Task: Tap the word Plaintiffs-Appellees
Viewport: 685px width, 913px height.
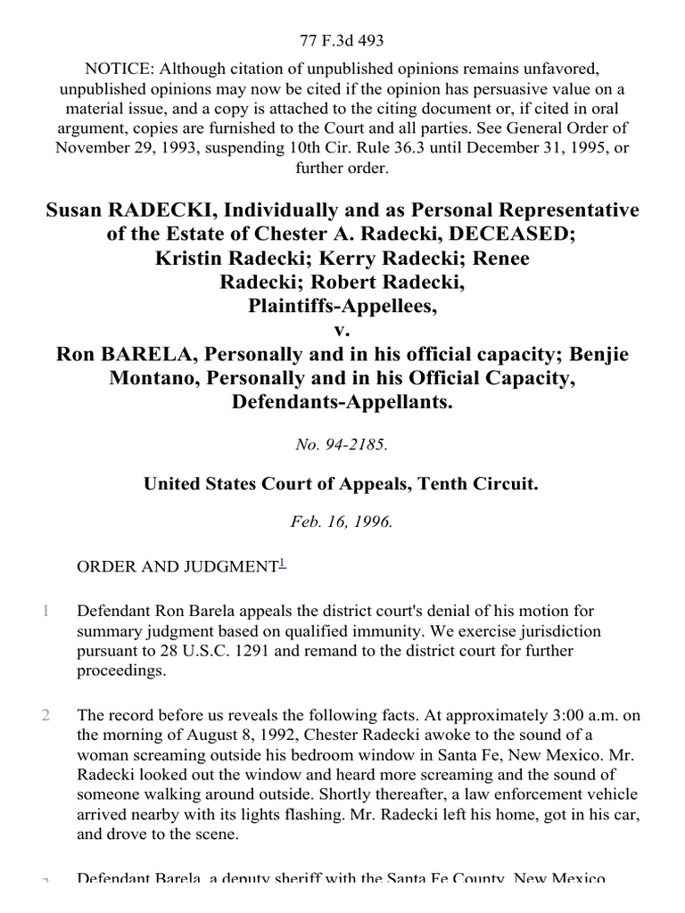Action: tap(342, 307)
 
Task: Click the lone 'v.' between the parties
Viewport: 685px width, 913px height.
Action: tap(342, 330)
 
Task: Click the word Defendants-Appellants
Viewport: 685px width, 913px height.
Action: tap(342, 403)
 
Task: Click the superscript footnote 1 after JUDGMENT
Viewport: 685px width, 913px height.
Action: tap(283, 562)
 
